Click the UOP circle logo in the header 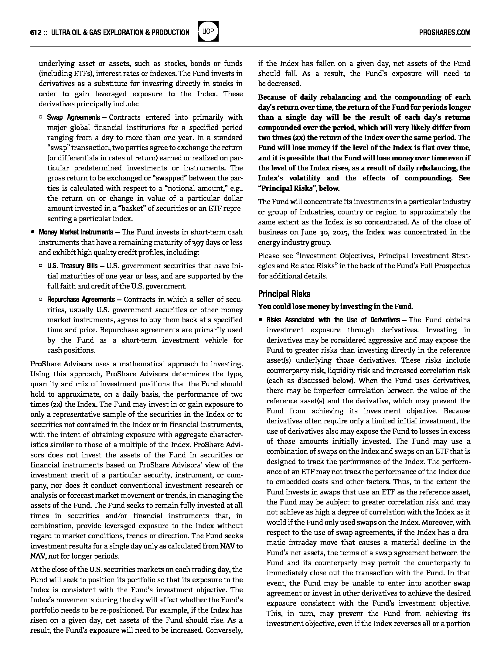[208, 32]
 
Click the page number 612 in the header [36, 32]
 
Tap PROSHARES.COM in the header [445, 32]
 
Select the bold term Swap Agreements [73, 117]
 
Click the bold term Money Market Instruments [76, 232]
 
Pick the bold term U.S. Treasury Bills [72, 266]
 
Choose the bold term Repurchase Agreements [81, 299]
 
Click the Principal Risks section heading [284, 294]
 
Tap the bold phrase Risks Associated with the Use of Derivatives [333, 320]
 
